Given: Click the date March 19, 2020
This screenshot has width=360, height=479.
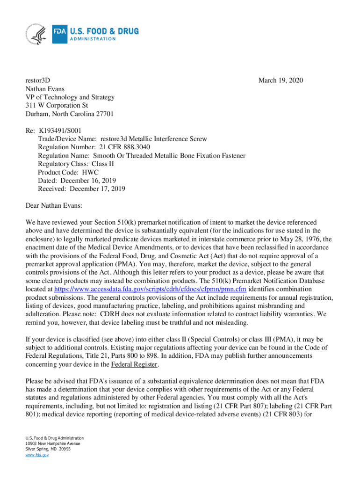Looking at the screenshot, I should pyautogui.click(x=281, y=81).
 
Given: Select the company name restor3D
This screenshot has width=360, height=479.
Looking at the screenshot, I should pyautogui.click(x=37, y=81).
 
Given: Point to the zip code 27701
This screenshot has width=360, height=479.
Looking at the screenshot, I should pyautogui.click(x=103, y=114).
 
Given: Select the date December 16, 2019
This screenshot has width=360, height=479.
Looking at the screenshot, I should pyautogui.click(x=86, y=181).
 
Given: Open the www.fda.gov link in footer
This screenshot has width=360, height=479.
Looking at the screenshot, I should pyautogui.click(x=37, y=454).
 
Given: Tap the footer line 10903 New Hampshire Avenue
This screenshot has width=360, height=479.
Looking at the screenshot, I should pyautogui.click(x=53, y=443).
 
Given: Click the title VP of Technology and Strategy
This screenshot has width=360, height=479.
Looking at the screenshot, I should pyautogui.click(x=70, y=97).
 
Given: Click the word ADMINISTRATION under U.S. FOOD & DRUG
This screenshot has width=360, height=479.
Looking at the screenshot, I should pyautogui.click(x=93, y=39).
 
